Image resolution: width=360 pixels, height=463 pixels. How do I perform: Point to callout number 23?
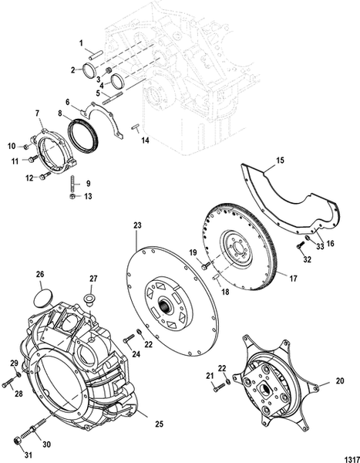(138, 225)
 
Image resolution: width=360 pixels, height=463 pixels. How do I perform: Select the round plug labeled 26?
(44, 294)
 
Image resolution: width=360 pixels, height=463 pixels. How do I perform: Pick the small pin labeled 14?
(134, 127)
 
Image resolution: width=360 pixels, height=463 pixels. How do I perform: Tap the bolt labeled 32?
(299, 247)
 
